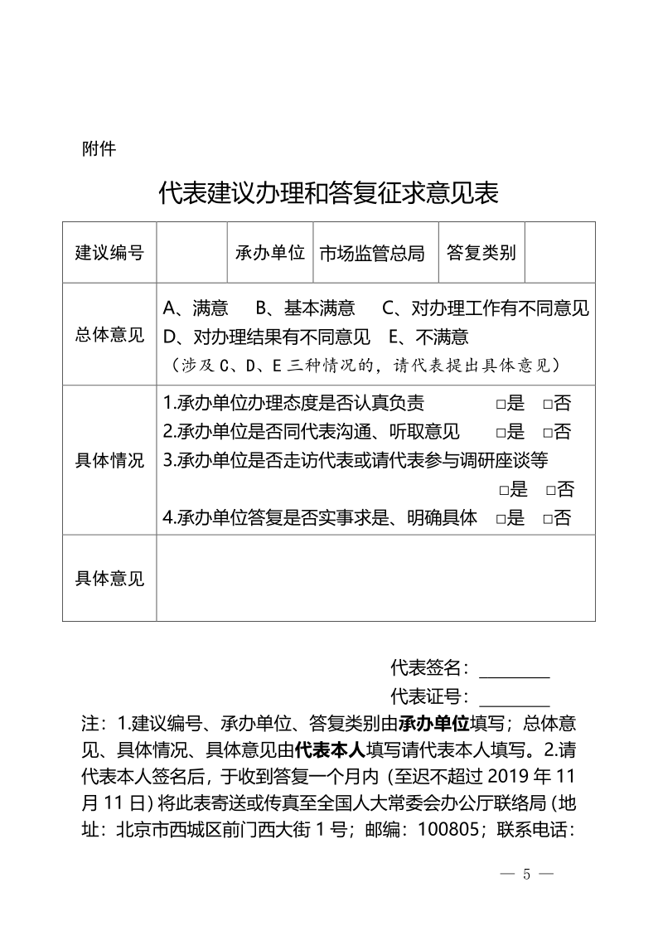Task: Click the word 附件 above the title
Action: [99, 150]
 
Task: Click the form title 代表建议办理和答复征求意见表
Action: [328, 193]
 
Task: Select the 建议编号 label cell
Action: [109, 252]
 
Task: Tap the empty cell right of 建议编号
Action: [192, 252]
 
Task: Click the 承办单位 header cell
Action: [270, 252]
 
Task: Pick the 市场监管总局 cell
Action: [371, 252]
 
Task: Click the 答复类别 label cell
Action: [481, 252]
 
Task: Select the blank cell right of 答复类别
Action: [560, 252]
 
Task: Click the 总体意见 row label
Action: [109, 335]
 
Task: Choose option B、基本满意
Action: [305, 309]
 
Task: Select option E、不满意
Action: [428, 337]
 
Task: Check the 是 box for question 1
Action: [501, 405]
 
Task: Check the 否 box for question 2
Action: [548, 432]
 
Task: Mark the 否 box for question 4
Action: [548, 519]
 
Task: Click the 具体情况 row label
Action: [109, 461]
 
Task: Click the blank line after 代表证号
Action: [514, 697]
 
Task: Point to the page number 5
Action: [526, 875]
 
